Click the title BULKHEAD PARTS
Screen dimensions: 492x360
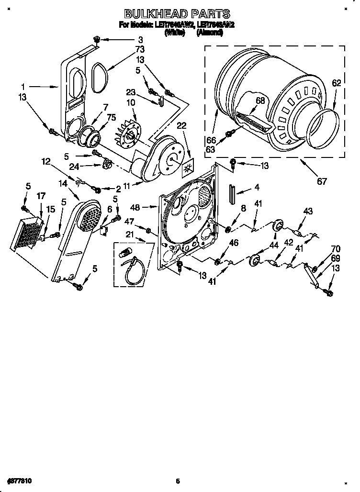(177, 14)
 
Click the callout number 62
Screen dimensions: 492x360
(337, 83)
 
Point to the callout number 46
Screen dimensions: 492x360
(234, 244)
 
